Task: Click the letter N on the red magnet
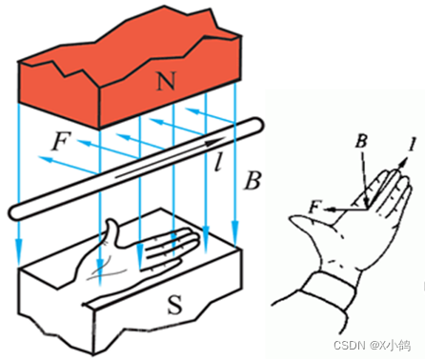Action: coord(166,81)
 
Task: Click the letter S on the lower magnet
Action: coord(174,304)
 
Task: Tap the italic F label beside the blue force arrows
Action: coord(59,142)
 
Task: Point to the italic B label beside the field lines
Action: coord(253,181)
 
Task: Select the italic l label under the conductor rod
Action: coord(218,162)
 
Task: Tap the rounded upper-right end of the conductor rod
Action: coord(256,126)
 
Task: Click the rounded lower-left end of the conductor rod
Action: coord(15,212)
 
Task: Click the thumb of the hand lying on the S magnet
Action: coord(112,231)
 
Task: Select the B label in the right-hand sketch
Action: coord(362,141)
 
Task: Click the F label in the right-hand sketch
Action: coord(314,208)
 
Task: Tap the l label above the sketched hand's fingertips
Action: coord(413,145)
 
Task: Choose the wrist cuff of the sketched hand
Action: coord(329,290)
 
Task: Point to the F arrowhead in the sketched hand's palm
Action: coord(329,210)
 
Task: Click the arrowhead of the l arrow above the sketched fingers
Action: coord(404,163)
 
